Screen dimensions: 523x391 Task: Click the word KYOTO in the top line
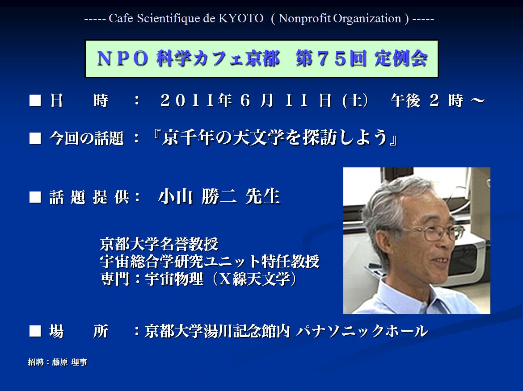click(241, 18)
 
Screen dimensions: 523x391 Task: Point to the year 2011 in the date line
click(187, 100)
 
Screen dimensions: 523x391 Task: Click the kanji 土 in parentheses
click(355, 100)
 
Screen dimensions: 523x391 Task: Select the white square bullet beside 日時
click(35, 100)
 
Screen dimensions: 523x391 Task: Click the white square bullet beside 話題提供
click(35, 197)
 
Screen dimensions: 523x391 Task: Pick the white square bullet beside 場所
click(35, 331)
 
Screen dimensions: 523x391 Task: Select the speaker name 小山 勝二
click(197, 196)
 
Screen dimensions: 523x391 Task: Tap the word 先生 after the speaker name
click(262, 196)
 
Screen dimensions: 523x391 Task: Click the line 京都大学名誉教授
click(159, 244)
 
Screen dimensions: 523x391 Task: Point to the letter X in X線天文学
click(225, 279)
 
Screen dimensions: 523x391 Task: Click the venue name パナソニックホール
click(362, 331)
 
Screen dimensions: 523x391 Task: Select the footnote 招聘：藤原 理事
click(57, 362)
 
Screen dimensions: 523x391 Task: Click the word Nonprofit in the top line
click(304, 18)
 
